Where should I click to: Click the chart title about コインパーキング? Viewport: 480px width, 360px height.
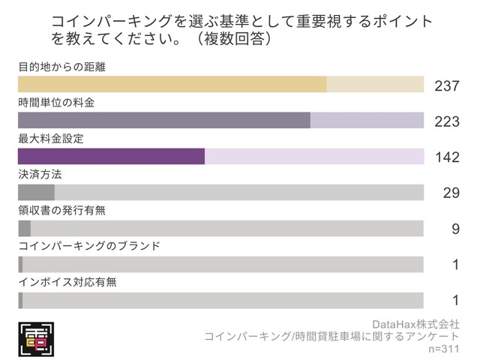click(241, 28)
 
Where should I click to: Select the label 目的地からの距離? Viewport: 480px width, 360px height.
click(61, 67)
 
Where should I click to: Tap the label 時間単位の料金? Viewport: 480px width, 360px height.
click(56, 102)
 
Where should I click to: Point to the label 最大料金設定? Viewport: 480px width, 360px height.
click(51, 139)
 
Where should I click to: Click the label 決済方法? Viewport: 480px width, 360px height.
click(40, 174)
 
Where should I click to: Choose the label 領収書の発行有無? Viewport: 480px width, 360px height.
click(61, 210)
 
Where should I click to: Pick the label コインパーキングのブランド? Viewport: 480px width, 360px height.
click(88, 246)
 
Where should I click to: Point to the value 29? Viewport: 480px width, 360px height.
click(451, 193)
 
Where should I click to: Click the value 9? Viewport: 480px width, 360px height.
click(455, 229)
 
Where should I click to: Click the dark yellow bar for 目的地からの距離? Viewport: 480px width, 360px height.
click(172, 84)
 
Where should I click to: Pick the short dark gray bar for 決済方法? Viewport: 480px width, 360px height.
click(36, 192)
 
